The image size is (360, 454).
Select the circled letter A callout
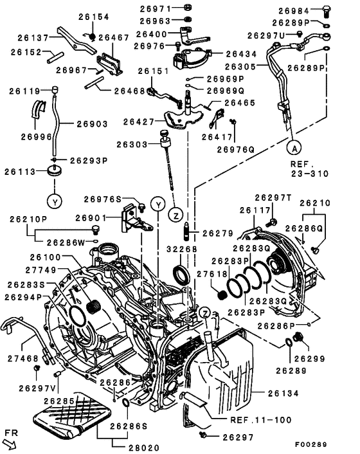(x=294, y=146)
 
